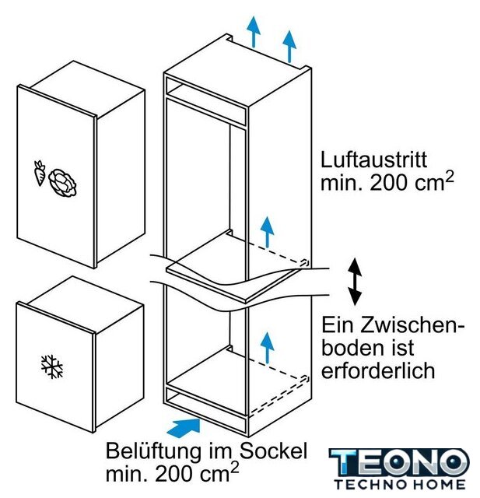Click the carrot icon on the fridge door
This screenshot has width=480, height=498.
point(40,173)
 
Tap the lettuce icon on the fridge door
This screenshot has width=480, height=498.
point(63,184)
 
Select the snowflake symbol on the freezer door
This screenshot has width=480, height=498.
point(52,366)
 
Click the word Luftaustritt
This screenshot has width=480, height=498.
point(373,160)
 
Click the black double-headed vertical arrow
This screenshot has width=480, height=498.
point(355,282)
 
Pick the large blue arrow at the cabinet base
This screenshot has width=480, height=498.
point(184,427)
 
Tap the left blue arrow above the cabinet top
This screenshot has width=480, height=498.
point(254,32)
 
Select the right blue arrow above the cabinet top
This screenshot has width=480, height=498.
point(289,46)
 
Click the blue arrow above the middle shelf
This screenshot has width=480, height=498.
point(268,232)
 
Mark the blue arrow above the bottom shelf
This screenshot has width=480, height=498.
point(268,348)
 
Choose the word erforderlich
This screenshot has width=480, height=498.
point(378,370)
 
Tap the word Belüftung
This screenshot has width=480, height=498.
point(153,451)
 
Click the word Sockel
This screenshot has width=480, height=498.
point(273,450)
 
